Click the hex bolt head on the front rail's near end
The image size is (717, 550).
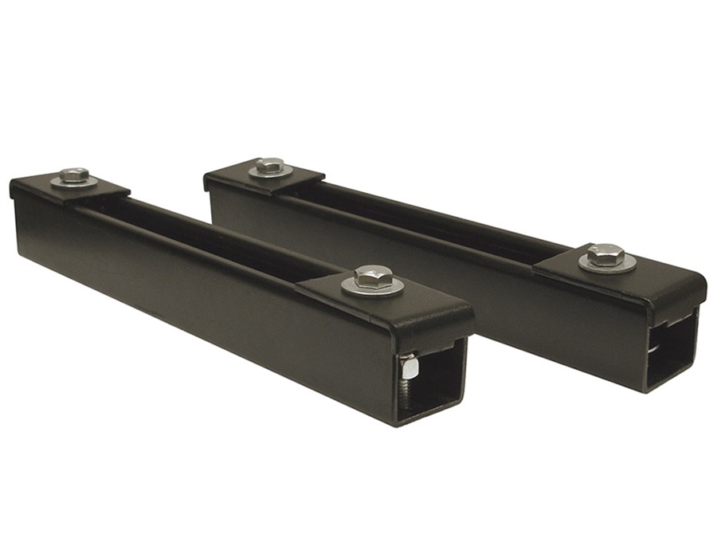tap(373, 277)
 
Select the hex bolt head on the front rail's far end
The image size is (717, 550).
tap(74, 175)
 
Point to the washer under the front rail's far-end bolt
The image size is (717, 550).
tap(59, 183)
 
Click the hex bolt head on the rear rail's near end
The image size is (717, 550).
tap(605, 254)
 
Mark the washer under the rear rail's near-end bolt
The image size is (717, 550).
tap(588, 264)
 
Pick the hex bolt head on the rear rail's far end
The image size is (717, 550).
tap(271, 164)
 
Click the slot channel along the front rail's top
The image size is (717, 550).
tap(207, 231)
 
